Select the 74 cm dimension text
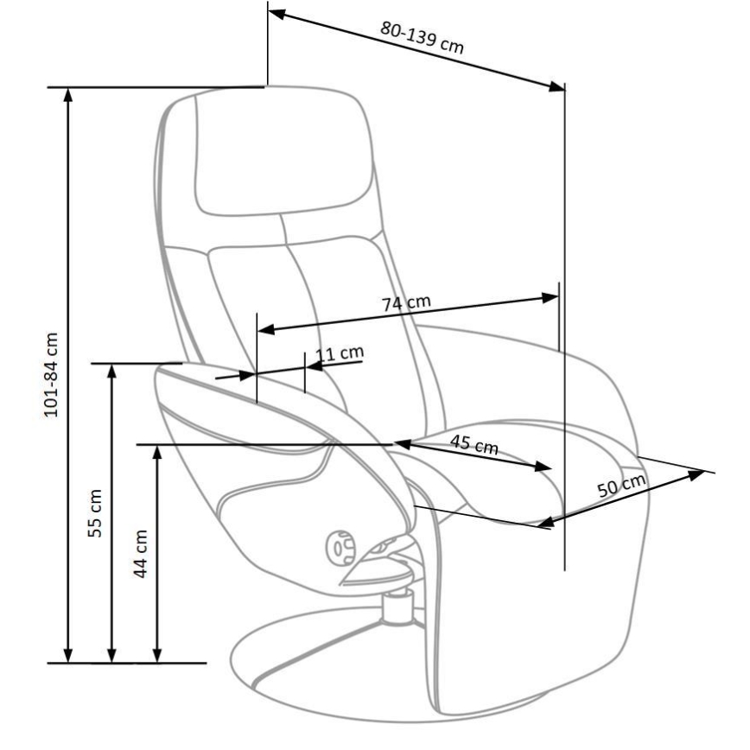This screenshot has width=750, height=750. point(406,303)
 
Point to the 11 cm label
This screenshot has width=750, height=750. point(339,353)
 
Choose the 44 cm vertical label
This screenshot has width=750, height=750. point(141,553)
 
